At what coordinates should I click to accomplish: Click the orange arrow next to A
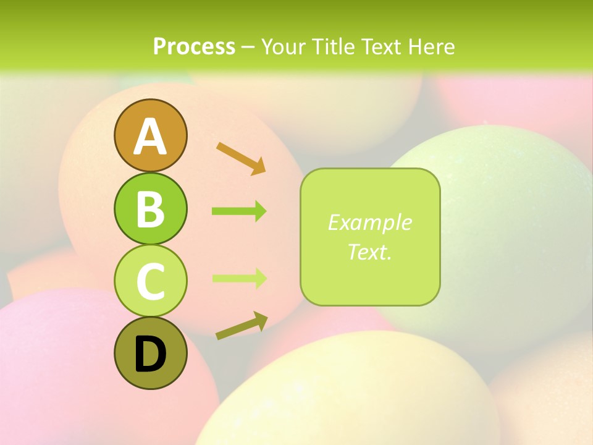click(x=241, y=157)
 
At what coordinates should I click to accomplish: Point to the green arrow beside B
click(x=239, y=211)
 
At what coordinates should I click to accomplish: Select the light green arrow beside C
click(x=239, y=278)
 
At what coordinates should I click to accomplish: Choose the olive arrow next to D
click(x=242, y=326)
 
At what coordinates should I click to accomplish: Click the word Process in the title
click(x=194, y=46)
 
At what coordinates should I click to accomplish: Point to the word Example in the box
click(x=369, y=222)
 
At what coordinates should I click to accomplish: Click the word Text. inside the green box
click(x=369, y=252)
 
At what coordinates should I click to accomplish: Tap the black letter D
click(x=150, y=355)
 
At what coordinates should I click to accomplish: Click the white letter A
click(x=150, y=137)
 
